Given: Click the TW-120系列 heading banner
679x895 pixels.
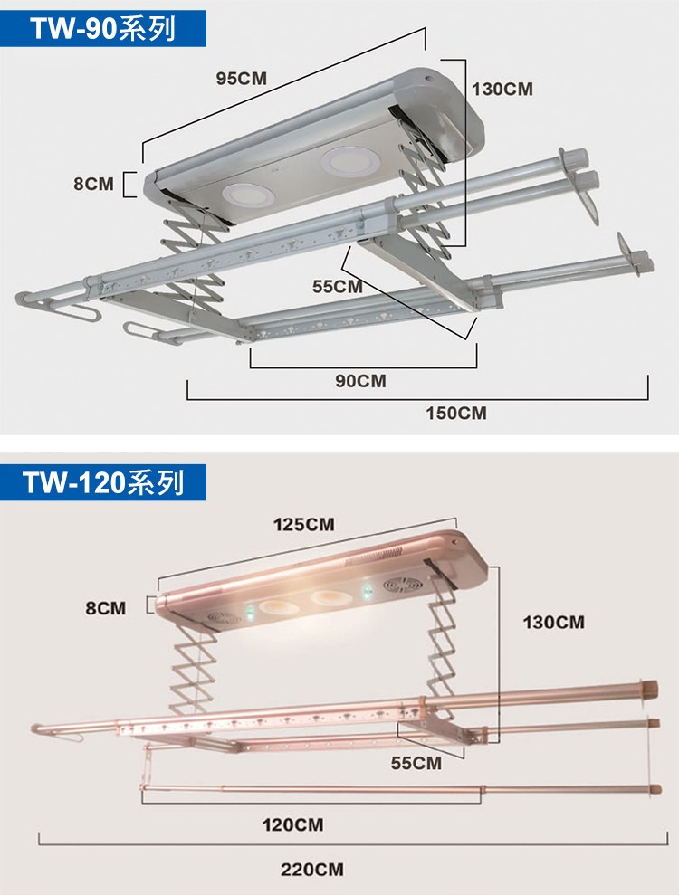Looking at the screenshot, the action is tap(103, 482).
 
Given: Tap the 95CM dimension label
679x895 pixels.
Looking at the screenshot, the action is tap(242, 78).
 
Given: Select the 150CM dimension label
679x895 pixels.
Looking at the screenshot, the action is tap(456, 413).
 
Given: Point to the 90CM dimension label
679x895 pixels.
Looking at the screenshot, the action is tap(360, 381).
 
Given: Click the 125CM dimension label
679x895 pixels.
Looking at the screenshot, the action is tap(304, 525).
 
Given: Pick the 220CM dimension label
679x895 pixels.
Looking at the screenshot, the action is tap(312, 870).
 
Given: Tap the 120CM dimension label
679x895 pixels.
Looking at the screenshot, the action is tap(292, 824).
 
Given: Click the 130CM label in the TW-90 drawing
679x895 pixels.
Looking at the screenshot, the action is tap(502, 89).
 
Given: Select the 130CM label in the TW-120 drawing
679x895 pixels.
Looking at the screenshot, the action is tap(554, 622).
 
